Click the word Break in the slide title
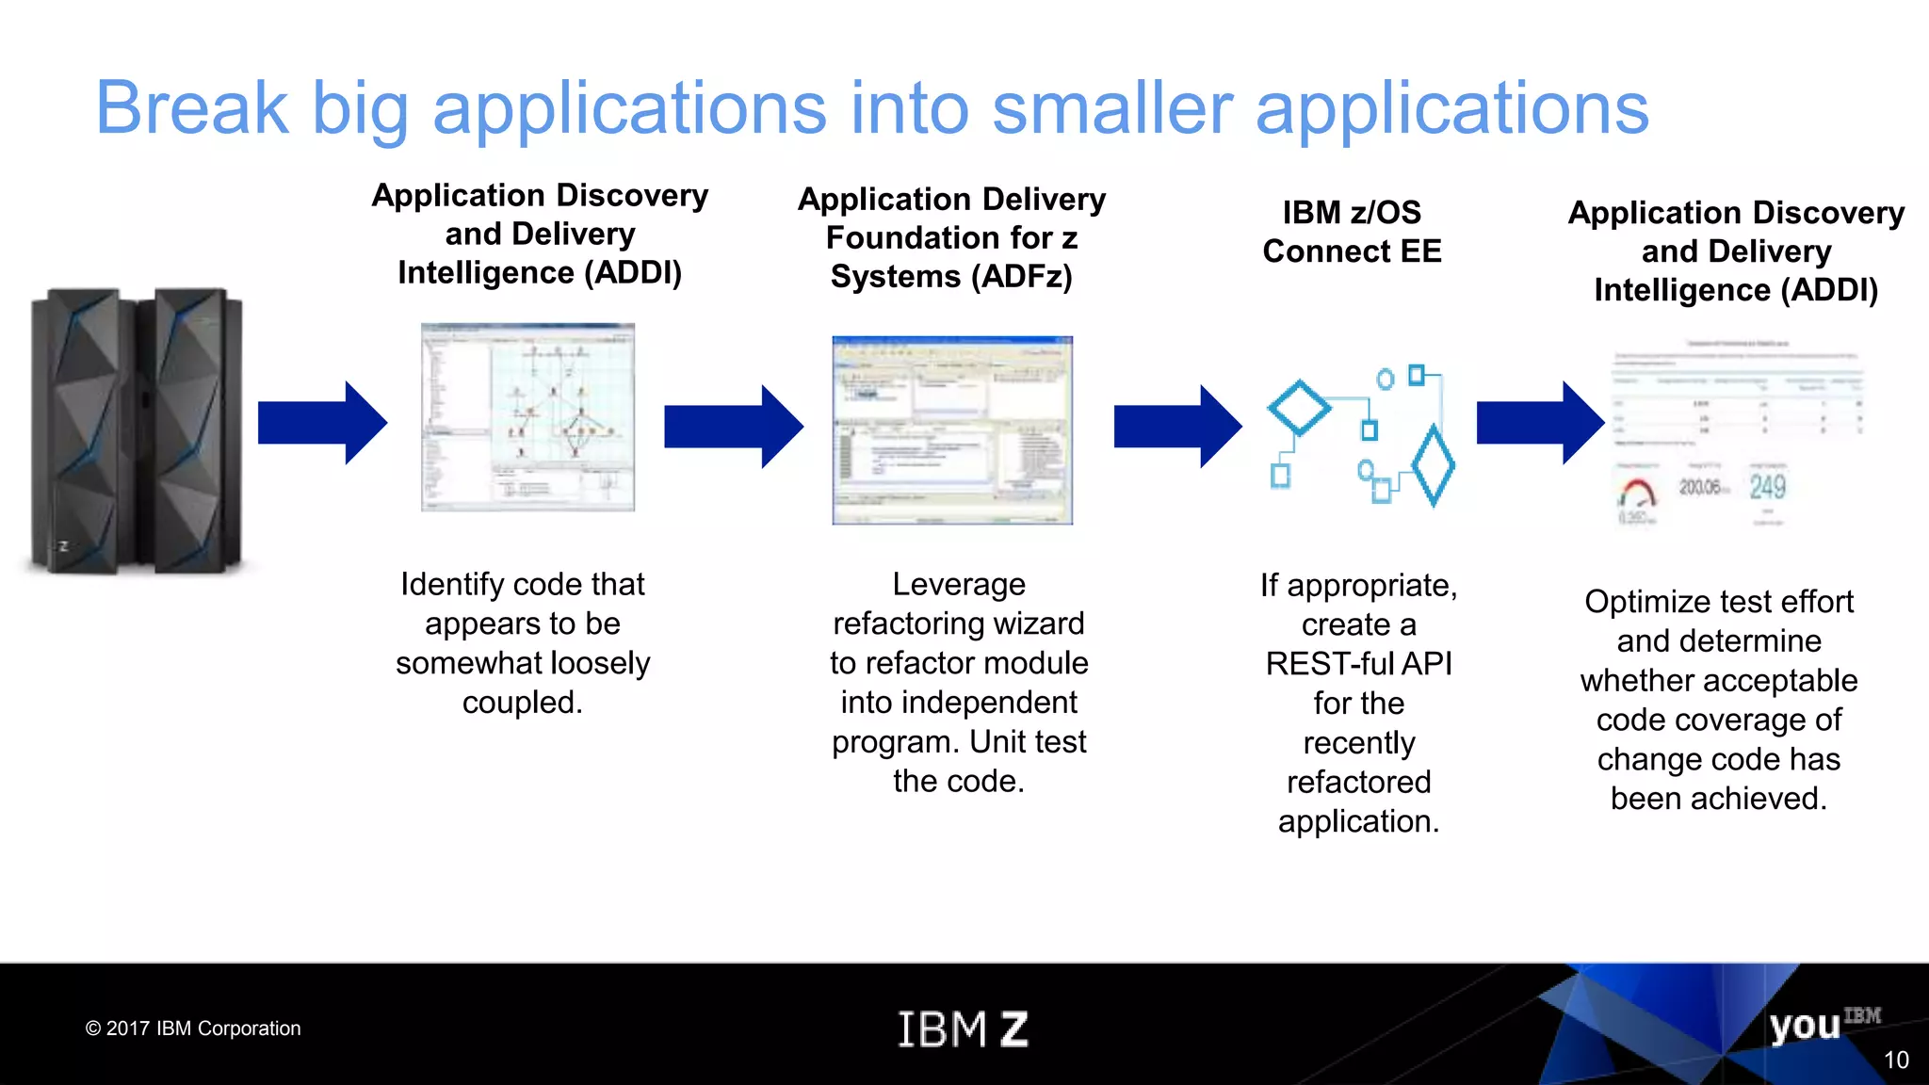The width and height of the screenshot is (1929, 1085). pyautogui.click(x=192, y=108)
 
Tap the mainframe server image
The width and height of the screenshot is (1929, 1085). pyautogui.click(x=137, y=430)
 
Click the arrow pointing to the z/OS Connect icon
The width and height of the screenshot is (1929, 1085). pyautogui.click(x=1176, y=427)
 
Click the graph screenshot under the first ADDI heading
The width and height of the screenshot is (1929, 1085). pyautogui.click(x=527, y=417)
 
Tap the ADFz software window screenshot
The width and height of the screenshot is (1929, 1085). pyautogui.click(x=952, y=429)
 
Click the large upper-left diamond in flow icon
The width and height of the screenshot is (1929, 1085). pyautogui.click(x=1299, y=408)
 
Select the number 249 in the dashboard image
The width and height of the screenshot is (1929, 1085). pyautogui.click(x=1767, y=487)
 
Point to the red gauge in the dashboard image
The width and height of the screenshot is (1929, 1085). pyautogui.click(x=1638, y=493)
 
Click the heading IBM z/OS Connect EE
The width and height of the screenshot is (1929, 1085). pyautogui.click(x=1352, y=232)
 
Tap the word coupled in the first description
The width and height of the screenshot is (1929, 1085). pyautogui.click(x=522, y=703)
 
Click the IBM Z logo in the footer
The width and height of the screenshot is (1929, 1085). pyautogui.click(x=962, y=1028)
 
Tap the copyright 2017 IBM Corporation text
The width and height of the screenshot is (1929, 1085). pyautogui.click(x=193, y=1028)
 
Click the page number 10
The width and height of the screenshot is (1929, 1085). pyautogui.click(x=1895, y=1061)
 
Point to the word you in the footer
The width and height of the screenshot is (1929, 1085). pyautogui.click(x=1804, y=1026)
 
